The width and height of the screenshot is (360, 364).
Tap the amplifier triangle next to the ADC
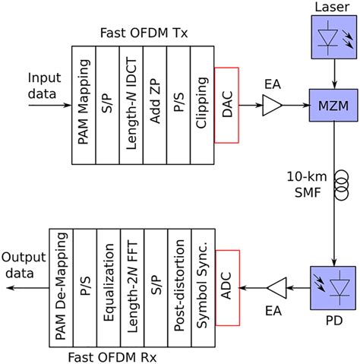(278, 288)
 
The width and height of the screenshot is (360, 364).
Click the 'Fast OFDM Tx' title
(142, 33)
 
